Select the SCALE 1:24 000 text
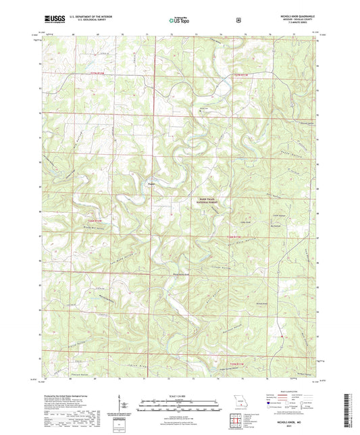point(179,395)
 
